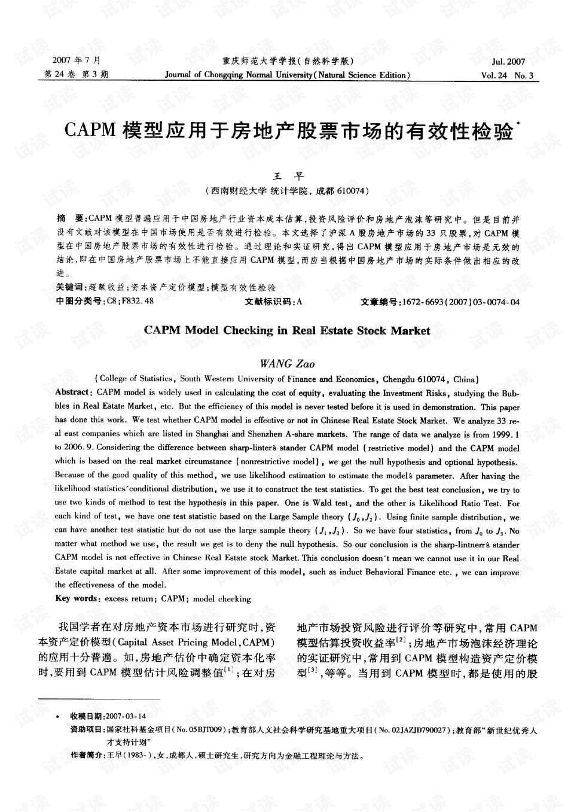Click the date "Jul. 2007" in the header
tap(508, 62)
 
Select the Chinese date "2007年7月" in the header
tap(77, 61)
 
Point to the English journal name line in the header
tap(287, 75)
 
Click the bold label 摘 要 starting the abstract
tap(70, 219)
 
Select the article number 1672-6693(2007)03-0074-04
tap(461, 302)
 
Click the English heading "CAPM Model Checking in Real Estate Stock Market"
tap(287, 331)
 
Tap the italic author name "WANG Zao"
tap(288, 364)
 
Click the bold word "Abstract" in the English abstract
tap(72, 392)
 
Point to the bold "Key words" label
tap(77, 599)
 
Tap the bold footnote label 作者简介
tap(86, 756)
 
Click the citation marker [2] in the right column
tap(402, 640)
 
